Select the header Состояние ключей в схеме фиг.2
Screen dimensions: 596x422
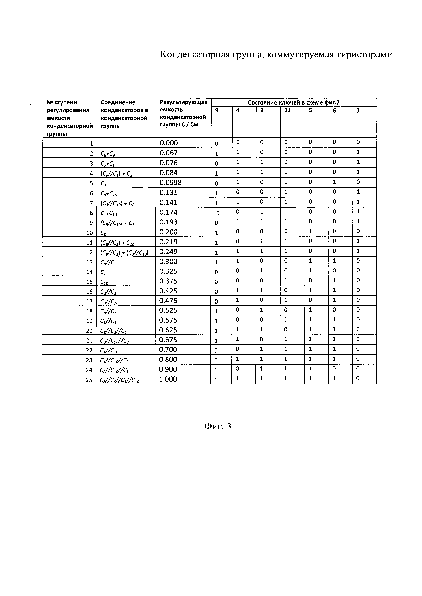tap(294, 102)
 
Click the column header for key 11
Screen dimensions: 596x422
tap(287, 111)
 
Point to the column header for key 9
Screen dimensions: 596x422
tap(217, 111)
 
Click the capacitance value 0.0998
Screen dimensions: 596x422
tap(171, 183)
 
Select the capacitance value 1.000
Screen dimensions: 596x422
tap(168, 379)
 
